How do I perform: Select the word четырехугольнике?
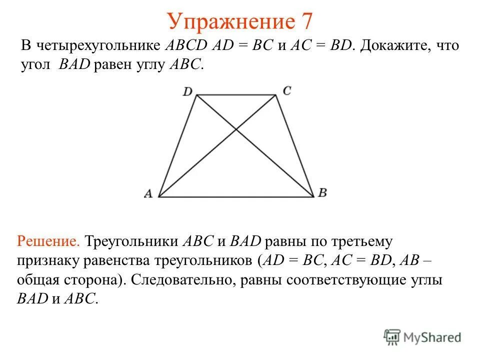click(x=99, y=46)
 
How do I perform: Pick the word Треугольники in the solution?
click(x=132, y=241)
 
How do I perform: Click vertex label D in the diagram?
click(x=187, y=91)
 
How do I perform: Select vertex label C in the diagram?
click(x=286, y=91)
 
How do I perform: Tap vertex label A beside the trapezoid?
click(x=148, y=194)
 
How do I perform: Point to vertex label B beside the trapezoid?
click(x=322, y=193)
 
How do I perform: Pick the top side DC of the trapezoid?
click(x=236, y=95)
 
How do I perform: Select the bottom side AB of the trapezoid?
click(x=236, y=197)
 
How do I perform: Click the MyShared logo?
click(x=422, y=336)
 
